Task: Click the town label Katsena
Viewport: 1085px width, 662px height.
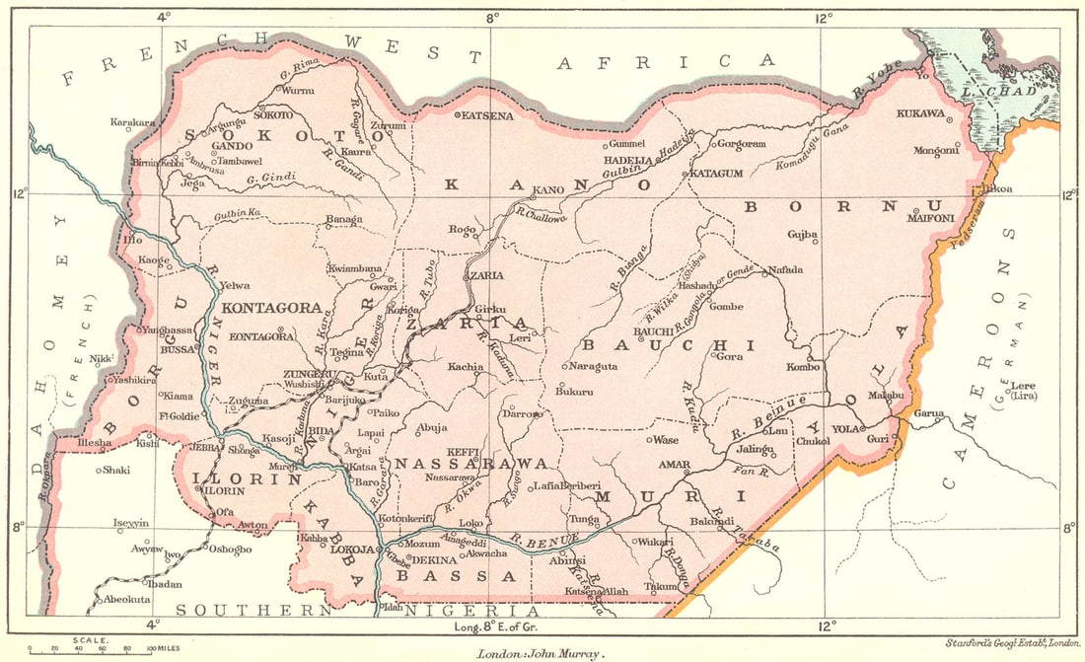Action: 488,115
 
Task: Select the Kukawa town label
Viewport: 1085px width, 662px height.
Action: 919,113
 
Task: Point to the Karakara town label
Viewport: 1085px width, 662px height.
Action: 133,123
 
